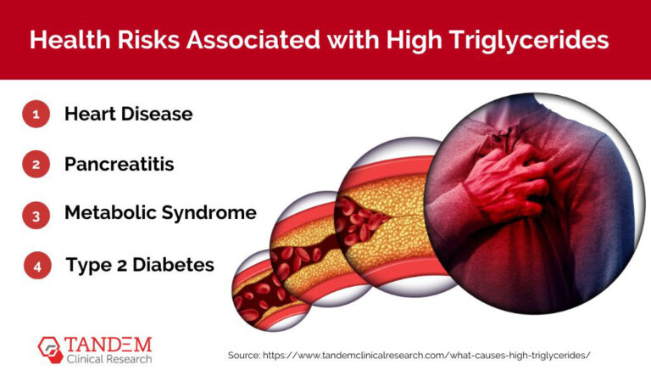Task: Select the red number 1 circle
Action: coord(36,115)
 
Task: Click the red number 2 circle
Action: coord(36,165)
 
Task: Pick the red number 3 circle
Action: coord(36,215)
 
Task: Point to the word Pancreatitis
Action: coord(120,165)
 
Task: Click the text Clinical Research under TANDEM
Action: coord(108,360)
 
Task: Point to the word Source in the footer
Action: coord(247,355)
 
